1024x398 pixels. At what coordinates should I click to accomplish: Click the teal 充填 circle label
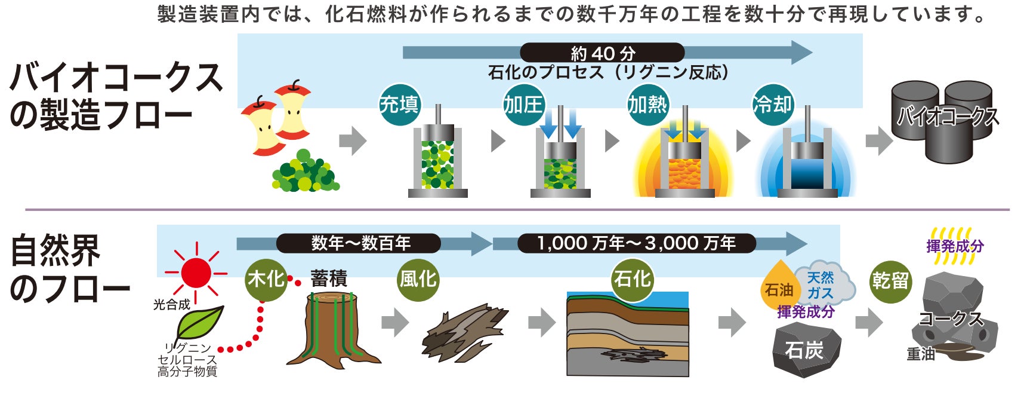pyautogui.click(x=400, y=105)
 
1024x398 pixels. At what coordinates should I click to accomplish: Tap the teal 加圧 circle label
pyautogui.click(x=524, y=105)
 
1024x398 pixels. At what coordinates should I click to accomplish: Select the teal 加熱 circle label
pyautogui.click(x=648, y=105)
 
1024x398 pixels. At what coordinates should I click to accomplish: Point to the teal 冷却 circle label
pyautogui.click(x=773, y=105)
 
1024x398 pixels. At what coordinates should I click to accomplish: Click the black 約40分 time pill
pyautogui.click(x=602, y=53)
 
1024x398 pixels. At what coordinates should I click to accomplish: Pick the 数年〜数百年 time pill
pyautogui.click(x=359, y=243)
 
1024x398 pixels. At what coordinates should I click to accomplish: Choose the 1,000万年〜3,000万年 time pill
pyautogui.click(x=636, y=243)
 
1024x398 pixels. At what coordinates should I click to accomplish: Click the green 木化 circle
pyautogui.click(x=266, y=279)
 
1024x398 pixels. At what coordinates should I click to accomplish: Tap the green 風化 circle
pyautogui.click(x=418, y=279)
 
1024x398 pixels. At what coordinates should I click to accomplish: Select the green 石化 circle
pyautogui.click(x=632, y=279)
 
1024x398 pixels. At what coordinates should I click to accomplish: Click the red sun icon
pyautogui.click(x=196, y=273)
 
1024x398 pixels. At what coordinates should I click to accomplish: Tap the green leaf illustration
pyautogui.click(x=199, y=323)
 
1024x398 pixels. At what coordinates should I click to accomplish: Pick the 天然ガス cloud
pyautogui.click(x=822, y=284)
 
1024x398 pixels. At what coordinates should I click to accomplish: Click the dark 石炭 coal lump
pyautogui.click(x=806, y=350)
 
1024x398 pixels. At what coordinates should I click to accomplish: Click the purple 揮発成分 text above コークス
pyautogui.click(x=955, y=246)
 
